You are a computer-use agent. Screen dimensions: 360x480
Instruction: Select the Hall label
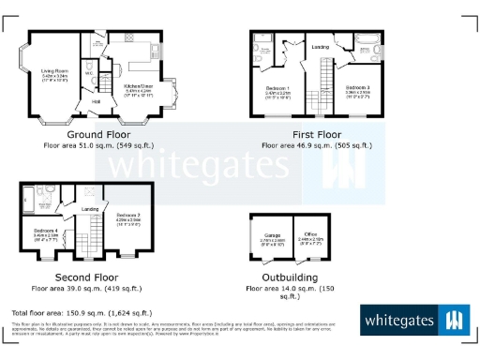(96, 102)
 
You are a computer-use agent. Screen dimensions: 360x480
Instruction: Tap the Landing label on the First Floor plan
(319, 45)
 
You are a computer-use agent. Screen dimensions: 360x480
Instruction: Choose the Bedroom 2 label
(128, 217)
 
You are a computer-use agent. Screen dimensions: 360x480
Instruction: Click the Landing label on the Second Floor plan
(90, 208)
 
